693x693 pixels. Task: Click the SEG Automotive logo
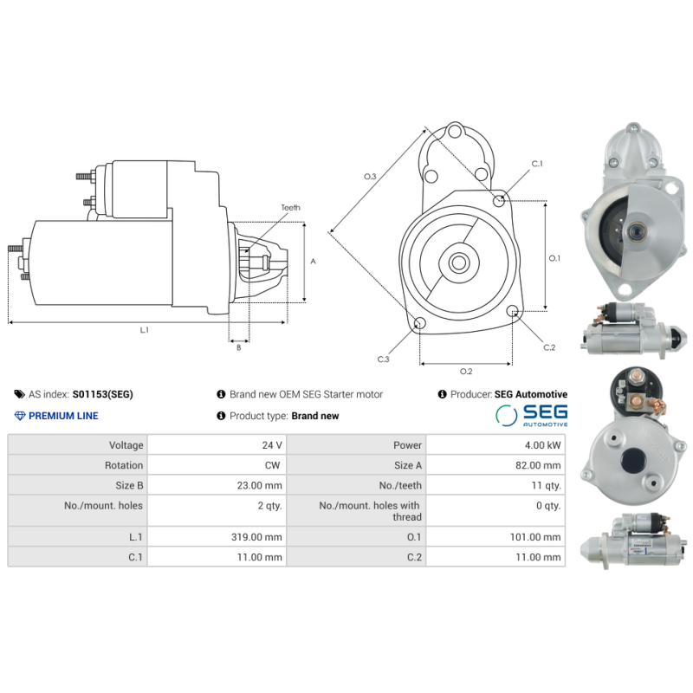(x=532, y=415)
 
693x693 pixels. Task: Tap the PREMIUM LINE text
(x=63, y=416)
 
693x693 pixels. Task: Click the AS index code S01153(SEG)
(x=102, y=394)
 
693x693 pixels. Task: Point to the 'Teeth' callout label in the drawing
(x=290, y=208)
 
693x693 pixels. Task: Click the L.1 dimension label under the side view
(x=145, y=330)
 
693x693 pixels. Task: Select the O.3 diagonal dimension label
(x=370, y=177)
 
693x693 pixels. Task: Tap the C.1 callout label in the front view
(x=536, y=164)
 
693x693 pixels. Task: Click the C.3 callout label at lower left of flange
(x=383, y=359)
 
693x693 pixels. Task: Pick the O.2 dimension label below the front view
(x=465, y=372)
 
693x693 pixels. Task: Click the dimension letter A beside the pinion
(x=314, y=261)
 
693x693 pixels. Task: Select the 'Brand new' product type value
(x=315, y=416)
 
